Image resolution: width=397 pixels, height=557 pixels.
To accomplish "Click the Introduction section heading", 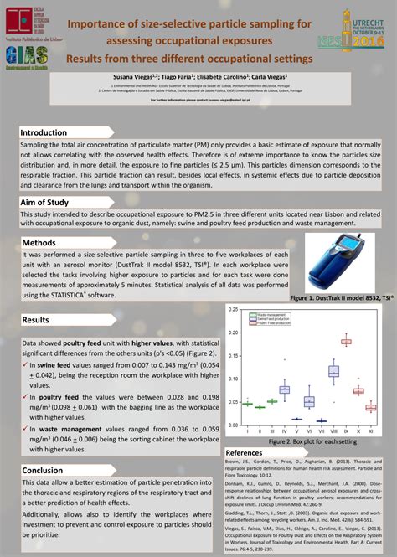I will tap(44, 132).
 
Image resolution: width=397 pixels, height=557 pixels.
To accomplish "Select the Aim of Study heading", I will tap(45, 203).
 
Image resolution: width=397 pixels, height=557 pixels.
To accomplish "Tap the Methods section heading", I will tap(39, 243).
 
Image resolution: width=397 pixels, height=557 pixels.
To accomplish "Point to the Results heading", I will tap(36, 320).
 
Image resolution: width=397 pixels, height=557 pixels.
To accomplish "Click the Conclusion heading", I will tap(43, 470).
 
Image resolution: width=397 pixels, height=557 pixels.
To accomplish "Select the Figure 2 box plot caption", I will tap(301, 441).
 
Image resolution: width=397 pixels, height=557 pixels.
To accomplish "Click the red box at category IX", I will tap(345, 342).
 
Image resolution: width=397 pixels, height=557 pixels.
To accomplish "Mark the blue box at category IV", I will tap(284, 389).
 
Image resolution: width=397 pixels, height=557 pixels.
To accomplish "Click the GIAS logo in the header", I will tap(26, 54).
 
